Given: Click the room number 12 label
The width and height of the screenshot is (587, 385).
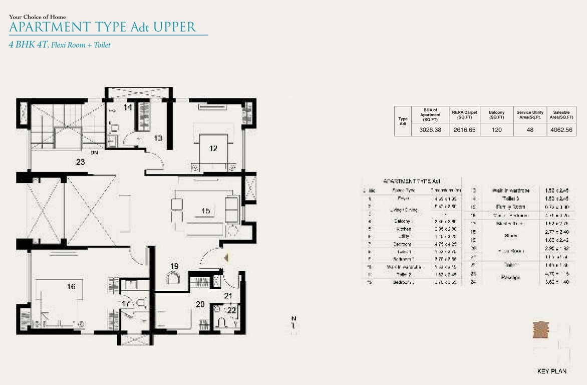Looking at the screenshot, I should [x=213, y=148].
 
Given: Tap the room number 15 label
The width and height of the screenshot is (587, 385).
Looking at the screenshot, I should [x=206, y=211].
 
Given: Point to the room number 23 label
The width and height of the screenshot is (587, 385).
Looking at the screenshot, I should [x=80, y=161].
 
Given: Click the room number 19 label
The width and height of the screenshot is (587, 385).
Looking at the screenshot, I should [x=174, y=266].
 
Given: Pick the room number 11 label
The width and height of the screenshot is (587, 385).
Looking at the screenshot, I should [x=128, y=107].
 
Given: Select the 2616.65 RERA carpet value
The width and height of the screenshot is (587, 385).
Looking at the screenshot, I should [x=463, y=130].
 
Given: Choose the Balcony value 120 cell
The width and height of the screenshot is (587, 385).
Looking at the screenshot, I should [x=496, y=130].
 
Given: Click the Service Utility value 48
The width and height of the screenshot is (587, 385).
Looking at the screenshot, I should [x=530, y=130].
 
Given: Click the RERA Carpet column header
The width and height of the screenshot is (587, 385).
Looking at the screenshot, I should [x=463, y=115].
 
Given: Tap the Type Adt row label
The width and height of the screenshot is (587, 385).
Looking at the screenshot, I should [x=403, y=121].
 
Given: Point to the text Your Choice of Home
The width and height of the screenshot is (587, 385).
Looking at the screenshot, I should [x=37, y=17].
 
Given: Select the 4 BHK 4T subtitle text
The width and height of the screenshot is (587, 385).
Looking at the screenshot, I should [x=28, y=45].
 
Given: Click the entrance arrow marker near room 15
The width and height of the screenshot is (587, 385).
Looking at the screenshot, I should [x=226, y=258].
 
